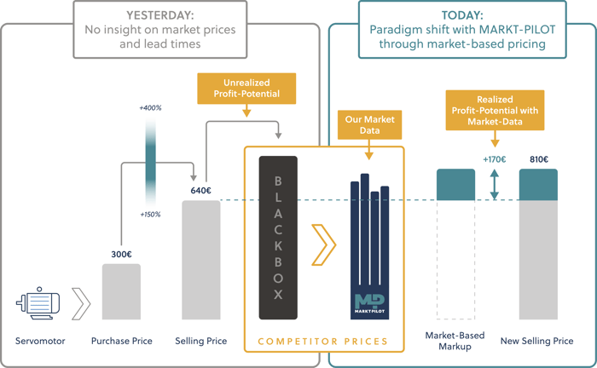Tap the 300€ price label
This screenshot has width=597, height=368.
121,254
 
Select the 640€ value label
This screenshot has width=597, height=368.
200,191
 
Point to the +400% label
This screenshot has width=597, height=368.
150,109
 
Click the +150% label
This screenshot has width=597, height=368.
150,214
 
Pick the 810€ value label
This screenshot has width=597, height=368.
538,159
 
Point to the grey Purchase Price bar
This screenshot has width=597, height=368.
121,291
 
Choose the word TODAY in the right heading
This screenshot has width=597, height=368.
461,14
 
